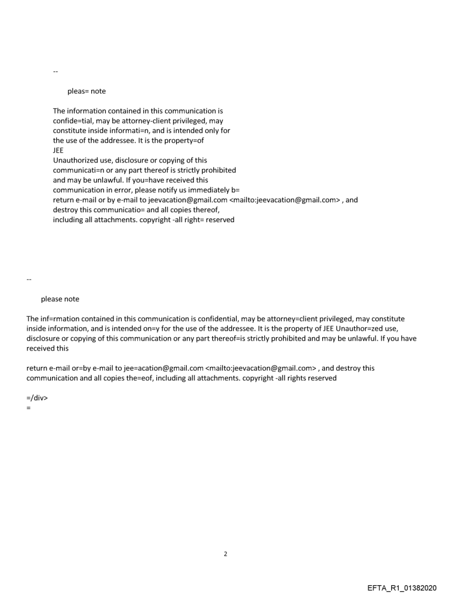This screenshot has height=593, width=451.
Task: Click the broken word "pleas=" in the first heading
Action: (78, 91)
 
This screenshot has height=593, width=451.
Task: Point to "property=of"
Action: (185, 140)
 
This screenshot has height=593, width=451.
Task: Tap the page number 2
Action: (225, 553)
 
